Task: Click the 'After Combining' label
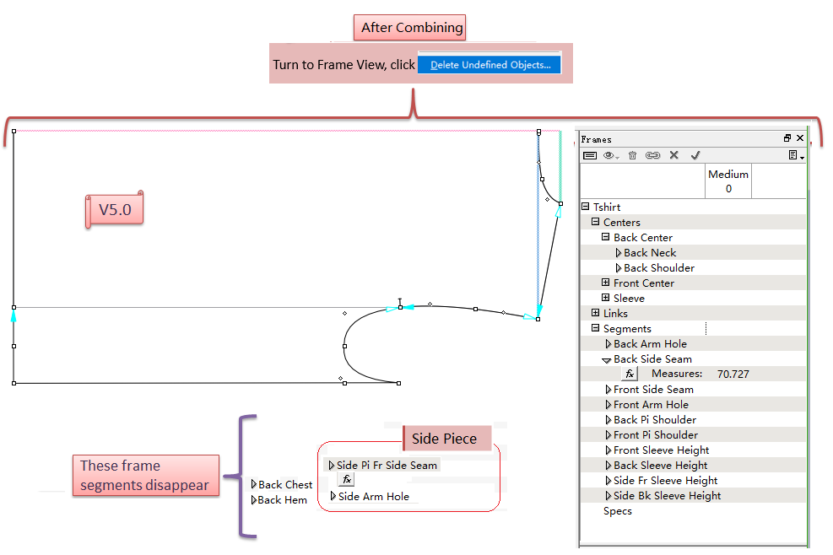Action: coord(412,28)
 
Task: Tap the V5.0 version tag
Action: coord(115,209)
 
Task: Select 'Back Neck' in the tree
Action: coord(650,253)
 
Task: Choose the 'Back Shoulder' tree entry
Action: coord(659,268)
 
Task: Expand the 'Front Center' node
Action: coord(606,283)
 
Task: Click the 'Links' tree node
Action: coord(615,314)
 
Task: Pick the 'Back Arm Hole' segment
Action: coord(650,344)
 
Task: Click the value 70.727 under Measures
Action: coord(733,374)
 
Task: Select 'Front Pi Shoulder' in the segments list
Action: coord(655,435)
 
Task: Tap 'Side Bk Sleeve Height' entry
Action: coord(667,496)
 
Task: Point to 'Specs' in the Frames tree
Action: coord(618,511)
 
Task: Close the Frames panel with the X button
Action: coord(800,138)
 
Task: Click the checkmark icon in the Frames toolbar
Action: coord(695,155)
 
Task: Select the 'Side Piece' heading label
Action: coord(444,439)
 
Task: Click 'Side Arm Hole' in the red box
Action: coord(373,497)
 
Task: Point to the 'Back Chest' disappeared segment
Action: coord(285,485)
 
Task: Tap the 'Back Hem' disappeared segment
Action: coord(283,500)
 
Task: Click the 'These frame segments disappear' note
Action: coord(145,476)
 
